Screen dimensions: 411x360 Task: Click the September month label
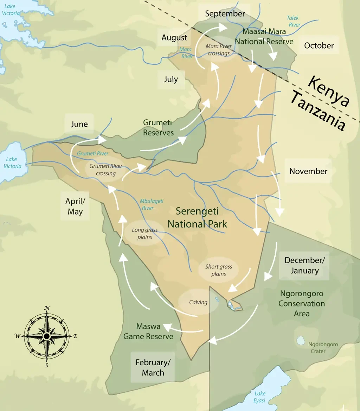(225, 14)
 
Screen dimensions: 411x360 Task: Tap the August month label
(174, 38)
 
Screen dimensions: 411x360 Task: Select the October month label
(319, 45)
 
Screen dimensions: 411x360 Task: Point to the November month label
(308, 171)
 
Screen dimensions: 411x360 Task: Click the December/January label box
(304, 265)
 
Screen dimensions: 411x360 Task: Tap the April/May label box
(75, 206)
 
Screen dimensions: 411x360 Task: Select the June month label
(79, 124)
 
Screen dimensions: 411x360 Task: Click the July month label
(171, 79)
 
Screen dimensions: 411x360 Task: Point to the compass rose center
(46, 336)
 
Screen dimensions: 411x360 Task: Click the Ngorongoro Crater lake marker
(301, 340)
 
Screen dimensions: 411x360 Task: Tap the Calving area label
(198, 302)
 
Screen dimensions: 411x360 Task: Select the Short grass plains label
(219, 270)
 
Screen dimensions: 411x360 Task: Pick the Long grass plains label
(145, 233)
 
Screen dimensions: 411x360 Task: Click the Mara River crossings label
(218, 50)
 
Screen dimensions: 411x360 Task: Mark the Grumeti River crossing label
(106, 170)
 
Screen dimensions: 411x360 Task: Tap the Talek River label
(294, 21)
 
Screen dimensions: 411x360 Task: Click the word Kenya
(328, 91)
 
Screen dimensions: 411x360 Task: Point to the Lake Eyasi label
(260, 397)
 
